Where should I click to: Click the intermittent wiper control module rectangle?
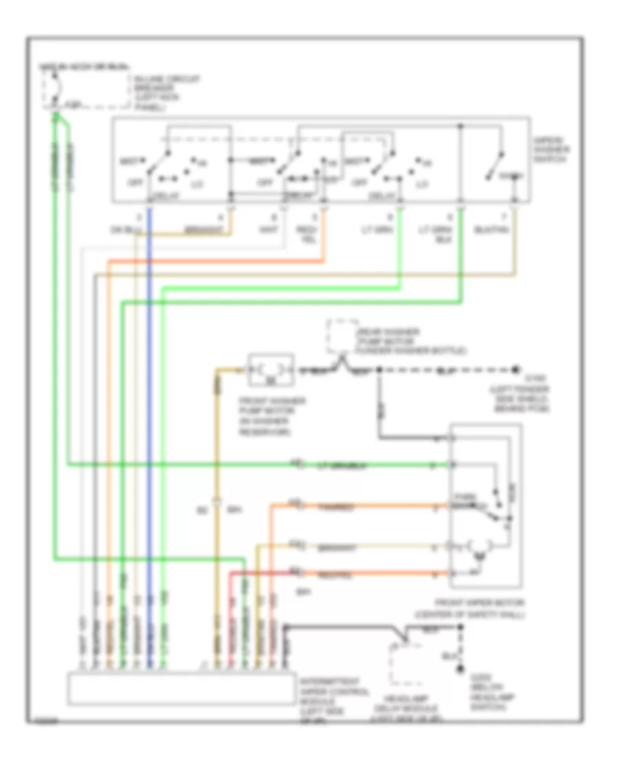(180, 688)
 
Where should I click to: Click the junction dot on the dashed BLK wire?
(379, 370)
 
